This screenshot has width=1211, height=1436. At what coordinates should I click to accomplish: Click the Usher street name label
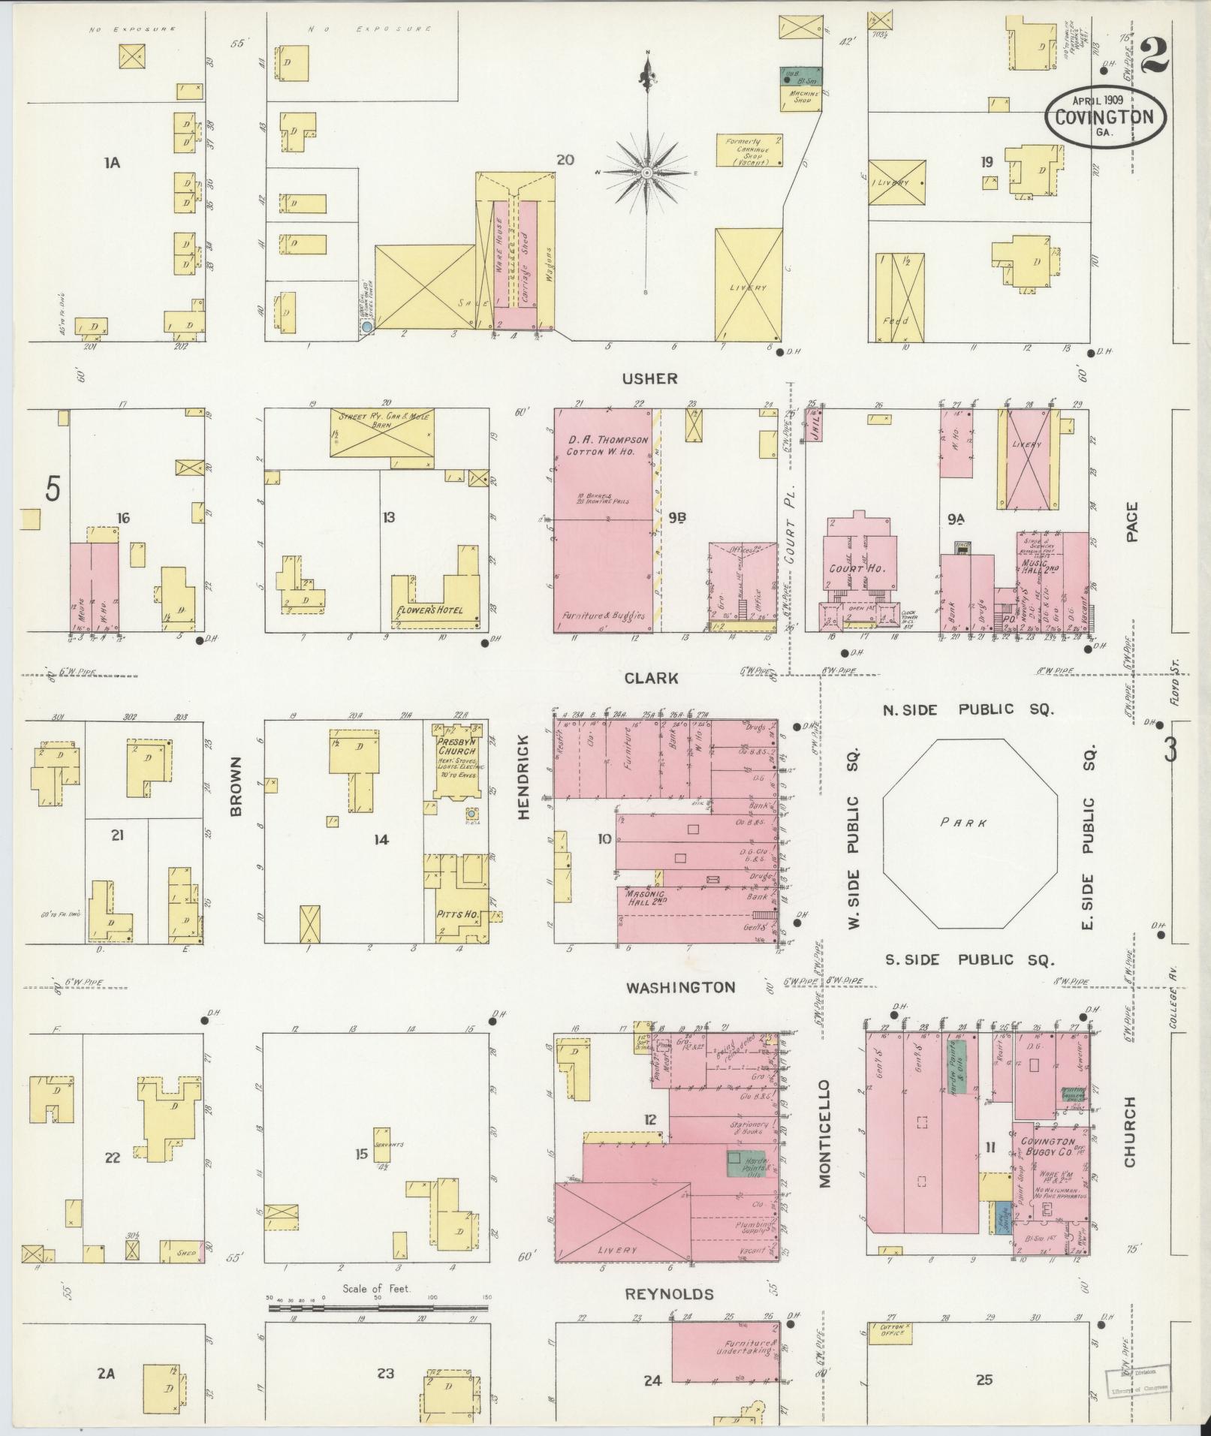point(650,379)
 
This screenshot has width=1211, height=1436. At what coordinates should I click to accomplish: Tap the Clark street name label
point(651,678)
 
